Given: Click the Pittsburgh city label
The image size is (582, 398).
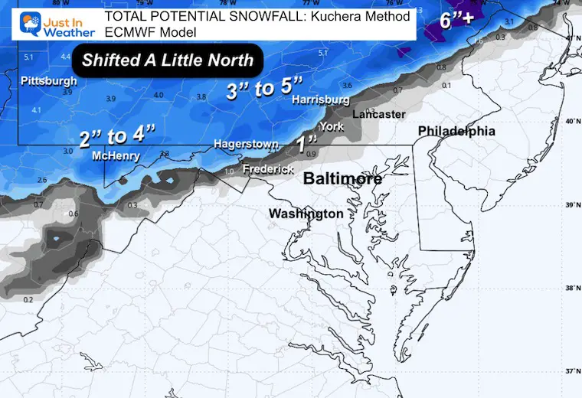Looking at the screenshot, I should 48,80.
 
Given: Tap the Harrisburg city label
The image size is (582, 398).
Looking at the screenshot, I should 321,99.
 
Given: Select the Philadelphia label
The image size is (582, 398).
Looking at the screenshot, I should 456,132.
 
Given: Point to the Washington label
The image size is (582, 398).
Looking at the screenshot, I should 306,214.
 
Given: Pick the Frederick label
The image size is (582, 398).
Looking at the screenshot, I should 268,168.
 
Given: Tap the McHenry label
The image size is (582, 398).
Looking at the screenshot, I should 115,155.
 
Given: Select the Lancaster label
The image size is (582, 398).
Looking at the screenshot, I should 378,114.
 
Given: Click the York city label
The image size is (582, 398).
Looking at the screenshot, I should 331,126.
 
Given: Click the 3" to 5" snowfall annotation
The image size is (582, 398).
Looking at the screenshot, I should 261,90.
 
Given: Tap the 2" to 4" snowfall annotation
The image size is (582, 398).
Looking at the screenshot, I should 116,137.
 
